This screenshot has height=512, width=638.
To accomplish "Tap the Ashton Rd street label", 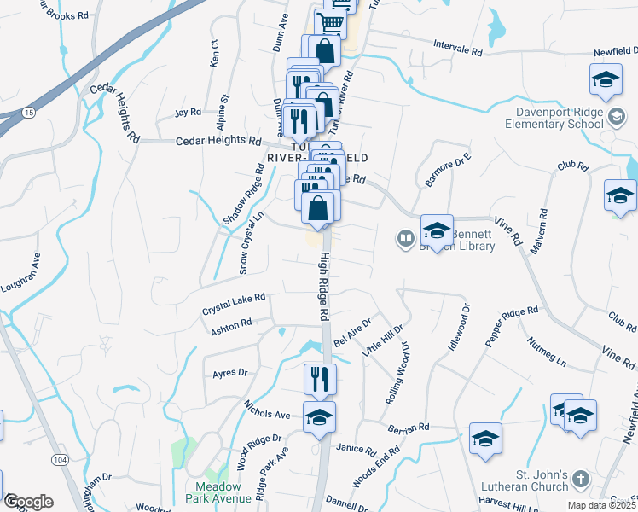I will point(232,325).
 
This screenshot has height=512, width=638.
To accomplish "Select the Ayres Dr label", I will point(229,373).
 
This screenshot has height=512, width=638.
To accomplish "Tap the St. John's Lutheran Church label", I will point(533,480).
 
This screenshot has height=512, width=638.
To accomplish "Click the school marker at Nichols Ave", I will point(319,416).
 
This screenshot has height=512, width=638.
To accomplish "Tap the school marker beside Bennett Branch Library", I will point(437,231).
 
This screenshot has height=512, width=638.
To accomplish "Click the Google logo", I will point(28,502).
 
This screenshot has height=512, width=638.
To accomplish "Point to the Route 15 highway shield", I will point(29,113).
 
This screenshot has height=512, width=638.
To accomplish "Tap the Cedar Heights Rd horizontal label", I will point(218,140).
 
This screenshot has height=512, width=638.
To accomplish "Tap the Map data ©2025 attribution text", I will point(600,505).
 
